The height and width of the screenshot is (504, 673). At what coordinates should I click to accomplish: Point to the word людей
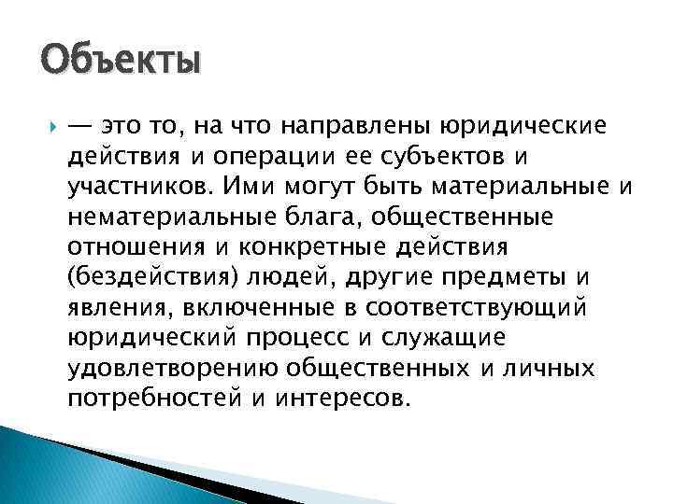(x=298, y=278)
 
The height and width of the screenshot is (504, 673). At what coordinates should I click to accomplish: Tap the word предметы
(x=511, y=278)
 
